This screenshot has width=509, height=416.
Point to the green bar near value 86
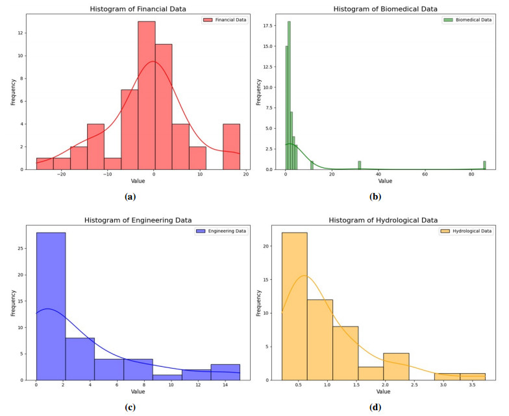pyautogui.click(x=484, y=165)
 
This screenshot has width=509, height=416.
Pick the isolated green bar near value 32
pyautogui.click(x=359, y=165)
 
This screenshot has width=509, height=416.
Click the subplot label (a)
pyautogui.click(x=130, y=196)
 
